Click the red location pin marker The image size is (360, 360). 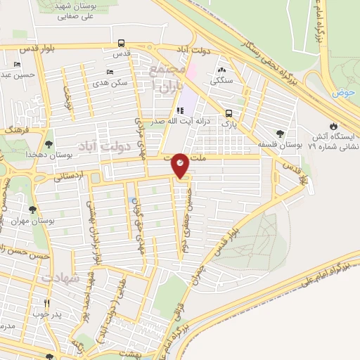tap(180, 165)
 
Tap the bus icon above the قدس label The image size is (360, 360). tap(122, 42)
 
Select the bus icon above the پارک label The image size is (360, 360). tap(229, 113)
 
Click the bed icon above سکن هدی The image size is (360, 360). tap(109, 72)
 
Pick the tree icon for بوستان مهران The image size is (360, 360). tap(32, 209)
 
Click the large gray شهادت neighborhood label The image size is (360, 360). tap(58, 279)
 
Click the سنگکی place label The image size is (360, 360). tap(221, 82)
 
